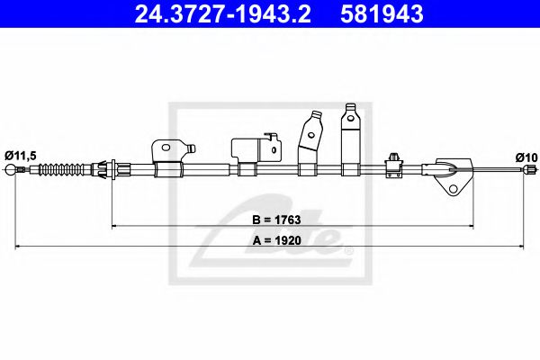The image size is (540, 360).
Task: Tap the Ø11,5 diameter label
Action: pyautogui.click(x=22, y=156)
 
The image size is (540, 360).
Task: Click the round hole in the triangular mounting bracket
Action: pyautogui.click(x=454, y=189)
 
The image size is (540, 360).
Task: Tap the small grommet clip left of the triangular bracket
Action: pyautogui.click(x=394, y=161)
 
